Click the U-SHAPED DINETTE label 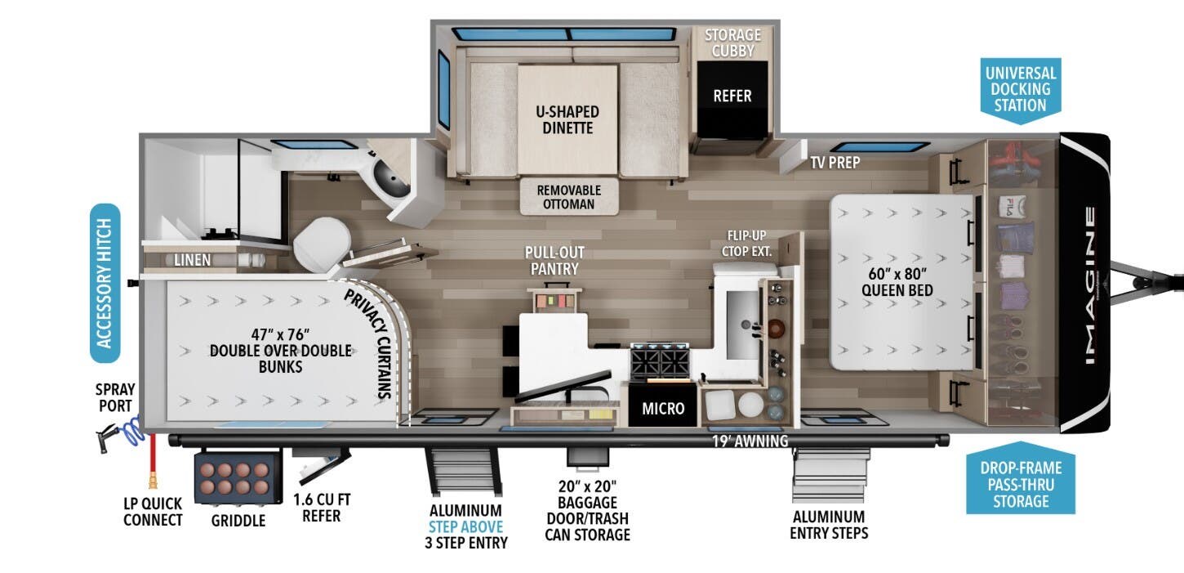click(x=568, y=119)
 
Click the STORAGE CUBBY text click(x=732, y=43)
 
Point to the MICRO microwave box click(x=662, y=408)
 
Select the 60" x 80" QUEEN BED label click(x=901, y=280)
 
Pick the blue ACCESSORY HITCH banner click(x=105, y=283)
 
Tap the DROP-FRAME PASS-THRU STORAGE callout click(x=1021, y=484)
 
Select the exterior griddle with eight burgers click(x=234, y=479)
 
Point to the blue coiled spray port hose click(x=129, y=428)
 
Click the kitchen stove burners click(x=661, y=360)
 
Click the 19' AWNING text click(x=750, y=441)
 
